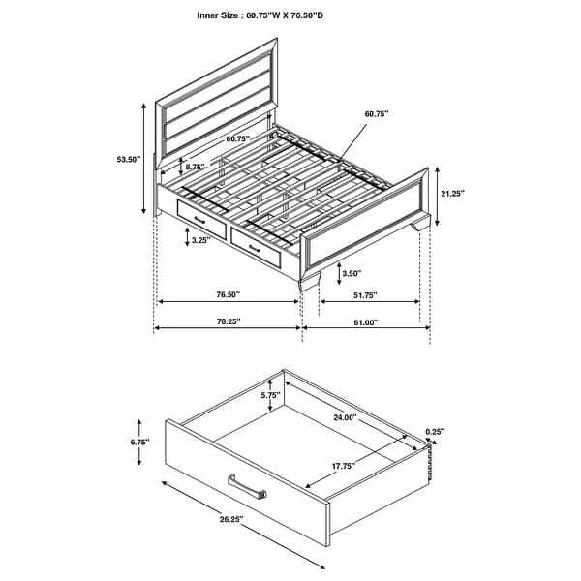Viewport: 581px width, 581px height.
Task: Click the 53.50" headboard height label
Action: point(127,159)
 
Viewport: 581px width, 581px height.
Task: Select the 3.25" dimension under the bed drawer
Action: point(201,239)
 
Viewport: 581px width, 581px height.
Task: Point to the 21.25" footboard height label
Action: point(451,193)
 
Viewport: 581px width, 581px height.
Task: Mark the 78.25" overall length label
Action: point(228,321)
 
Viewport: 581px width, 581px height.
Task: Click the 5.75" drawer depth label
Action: point(271,396)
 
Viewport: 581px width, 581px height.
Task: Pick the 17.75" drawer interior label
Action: point(342,466)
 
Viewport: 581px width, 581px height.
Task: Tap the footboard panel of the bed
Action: point(367,223)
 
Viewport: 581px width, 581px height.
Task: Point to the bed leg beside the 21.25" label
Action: point(419,225)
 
